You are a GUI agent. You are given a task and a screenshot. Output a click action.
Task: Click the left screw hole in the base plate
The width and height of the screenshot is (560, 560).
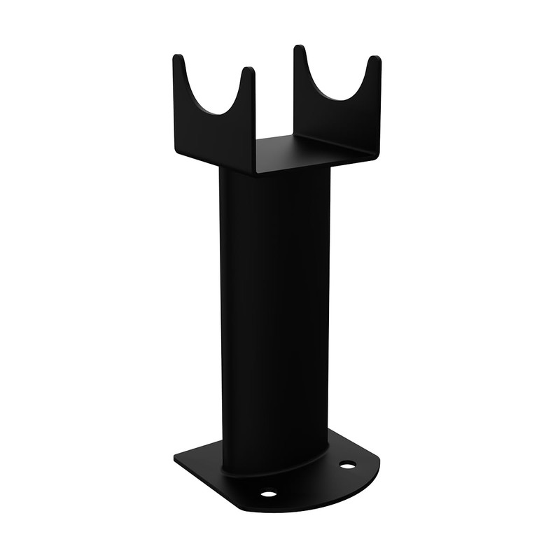click(268, 494)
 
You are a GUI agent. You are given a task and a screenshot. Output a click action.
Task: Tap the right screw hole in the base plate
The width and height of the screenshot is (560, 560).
click(347, 465)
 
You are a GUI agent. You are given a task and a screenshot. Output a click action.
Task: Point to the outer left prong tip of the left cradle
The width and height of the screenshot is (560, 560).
click(178, 57)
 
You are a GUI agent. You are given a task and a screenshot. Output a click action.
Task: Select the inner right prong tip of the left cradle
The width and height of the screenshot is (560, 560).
click(248, 71)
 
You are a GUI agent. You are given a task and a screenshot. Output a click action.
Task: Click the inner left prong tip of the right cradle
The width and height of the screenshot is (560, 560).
click(299, 49)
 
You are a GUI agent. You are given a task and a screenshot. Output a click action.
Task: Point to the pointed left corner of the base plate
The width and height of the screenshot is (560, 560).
click(176, 461)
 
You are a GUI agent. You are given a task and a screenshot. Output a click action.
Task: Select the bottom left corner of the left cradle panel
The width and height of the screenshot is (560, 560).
click(176, 148)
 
